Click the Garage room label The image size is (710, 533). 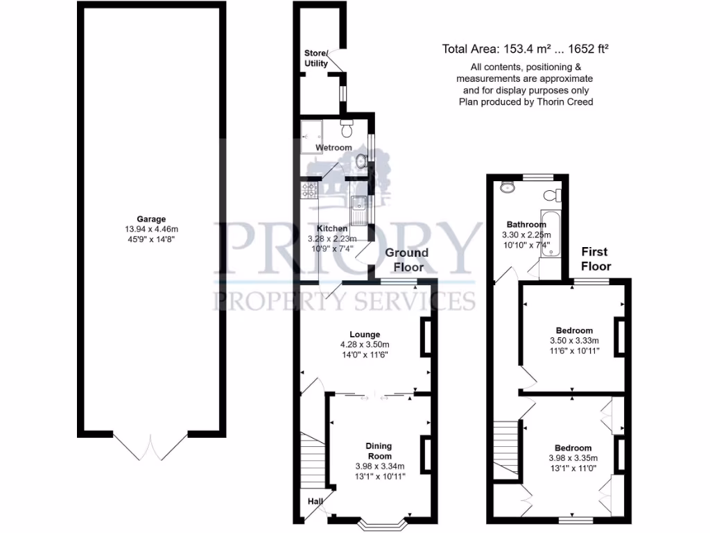click(150, 219)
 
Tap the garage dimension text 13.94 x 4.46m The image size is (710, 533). click(150, 230)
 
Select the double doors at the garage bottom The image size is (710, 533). click(150, 445)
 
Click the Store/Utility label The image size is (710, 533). click(316, 58)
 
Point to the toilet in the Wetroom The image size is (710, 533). click(348, 128)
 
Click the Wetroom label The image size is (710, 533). click(334, 148)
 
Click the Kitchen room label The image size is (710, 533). click(332, 228)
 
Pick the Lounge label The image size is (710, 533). click(365, 335)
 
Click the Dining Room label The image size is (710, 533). click(379, 450)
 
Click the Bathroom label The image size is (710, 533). click(526, 224)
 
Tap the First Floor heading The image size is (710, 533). click(596, 258)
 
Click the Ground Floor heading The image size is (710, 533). click(407, 259)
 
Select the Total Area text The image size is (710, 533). click(526, 49)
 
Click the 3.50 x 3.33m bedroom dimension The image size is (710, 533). click(574, 341)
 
